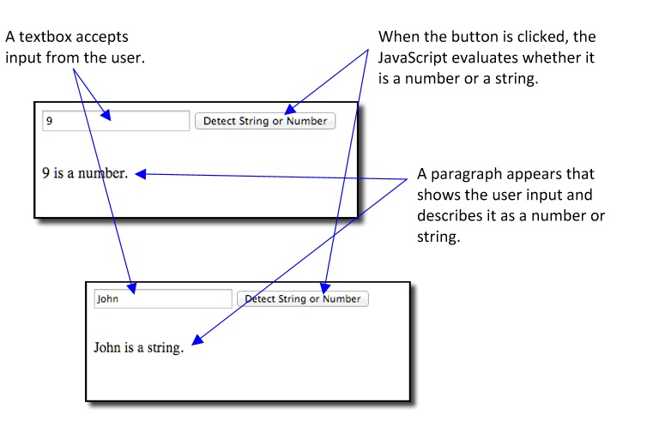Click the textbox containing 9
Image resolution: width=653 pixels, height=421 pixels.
[x=116, y=121]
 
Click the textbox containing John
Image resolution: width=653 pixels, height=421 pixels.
[x=163, y=298]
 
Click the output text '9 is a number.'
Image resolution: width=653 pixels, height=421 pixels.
[x=85, y=173]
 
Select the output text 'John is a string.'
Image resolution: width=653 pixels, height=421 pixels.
[x=139, y=347]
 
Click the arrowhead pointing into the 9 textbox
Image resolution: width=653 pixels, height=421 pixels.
[x=106, y=115]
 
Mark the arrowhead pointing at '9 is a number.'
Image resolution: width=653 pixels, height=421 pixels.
[x=141, y=174]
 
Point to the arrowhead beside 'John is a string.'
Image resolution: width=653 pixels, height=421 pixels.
[x=197, y=340]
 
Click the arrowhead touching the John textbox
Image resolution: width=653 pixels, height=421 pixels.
[x=131, y=288]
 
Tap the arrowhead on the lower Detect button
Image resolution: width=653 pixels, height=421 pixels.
[x=325, y=288]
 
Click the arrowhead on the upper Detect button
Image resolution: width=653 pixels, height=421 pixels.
[x=290, y=109]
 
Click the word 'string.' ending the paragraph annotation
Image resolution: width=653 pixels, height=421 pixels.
[x=438, y=237]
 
